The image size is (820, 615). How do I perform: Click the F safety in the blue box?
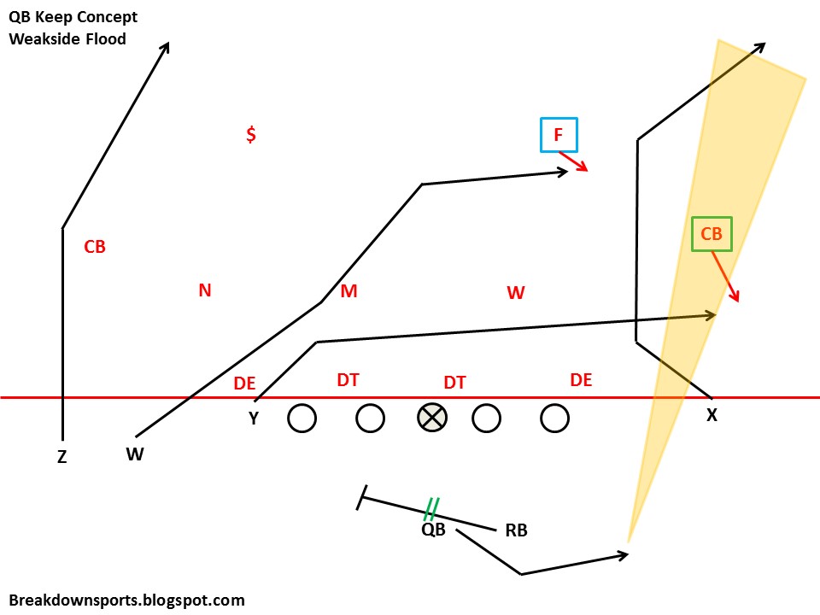pyautogui.click(x=559, y=135)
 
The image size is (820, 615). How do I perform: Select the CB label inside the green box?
pyautogui.click(x=712, y=234)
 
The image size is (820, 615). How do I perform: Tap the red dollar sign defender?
pyautogui.click(x=251, y=135)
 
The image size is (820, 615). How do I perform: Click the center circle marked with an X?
pyautogui.click(x=432, y=418)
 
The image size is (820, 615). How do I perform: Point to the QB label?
pyautogui.click(x=433, y=530)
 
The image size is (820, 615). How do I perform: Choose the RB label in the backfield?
pyautogui.click(x=516, y=530)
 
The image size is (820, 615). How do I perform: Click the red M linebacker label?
pyautogui.click(x=348, y=292)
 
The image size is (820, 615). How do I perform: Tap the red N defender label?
pyautogui.click(x=205, y=290)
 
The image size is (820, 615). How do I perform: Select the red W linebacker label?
pyautogui.click(x=515, y=293)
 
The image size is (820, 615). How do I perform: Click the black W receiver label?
pyautogui.click(x=135, y=454)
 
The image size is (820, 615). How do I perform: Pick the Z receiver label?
pyautogui.click(x=61, y=458)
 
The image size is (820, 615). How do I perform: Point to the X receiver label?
pyautogui.click(x=712, y=415)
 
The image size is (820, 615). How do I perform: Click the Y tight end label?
pyautogui.click(x=254, y=419)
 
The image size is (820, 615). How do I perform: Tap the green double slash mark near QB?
pyautogui.click(x=431, y=509)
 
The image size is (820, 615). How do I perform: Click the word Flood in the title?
pyautogui.click(x=104, y=38)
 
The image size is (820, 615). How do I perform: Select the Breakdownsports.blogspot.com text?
pyautogui.click(x=127, y=600)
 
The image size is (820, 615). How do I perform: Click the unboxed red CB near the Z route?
pyautogui.click(x=95, y=247)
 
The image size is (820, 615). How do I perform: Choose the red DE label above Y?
pyautogui.click(x=244, y=384)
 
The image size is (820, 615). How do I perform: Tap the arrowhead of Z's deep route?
pyautogui.click(x=167, y=44)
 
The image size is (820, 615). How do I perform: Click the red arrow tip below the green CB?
pyautogui.click(x=737, y=299)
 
